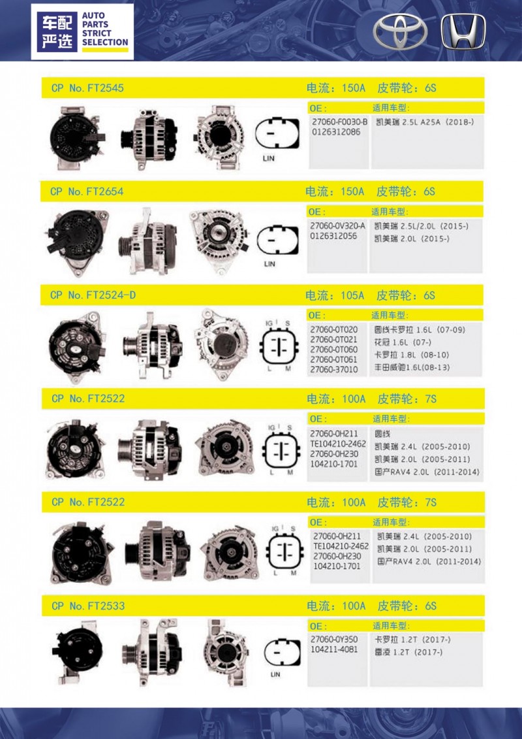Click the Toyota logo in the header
[x=400, y=32]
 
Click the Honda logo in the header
[x=463, y=31]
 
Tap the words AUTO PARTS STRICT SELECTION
[x=105, y=29]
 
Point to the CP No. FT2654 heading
[x=87, y=192]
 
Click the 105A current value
[x=352, y=295]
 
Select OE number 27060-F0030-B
[x=339, y=122]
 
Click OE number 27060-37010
[x=333, y=370]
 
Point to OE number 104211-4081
[x=334, y=649]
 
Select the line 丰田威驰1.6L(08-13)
[x=412, y=368]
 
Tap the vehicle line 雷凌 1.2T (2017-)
[x=408, y=653]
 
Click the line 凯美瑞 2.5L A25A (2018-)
[x=425, y=122]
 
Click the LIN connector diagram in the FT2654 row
[x=278, y=240]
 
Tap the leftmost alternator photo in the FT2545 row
[x=77, y=138]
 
